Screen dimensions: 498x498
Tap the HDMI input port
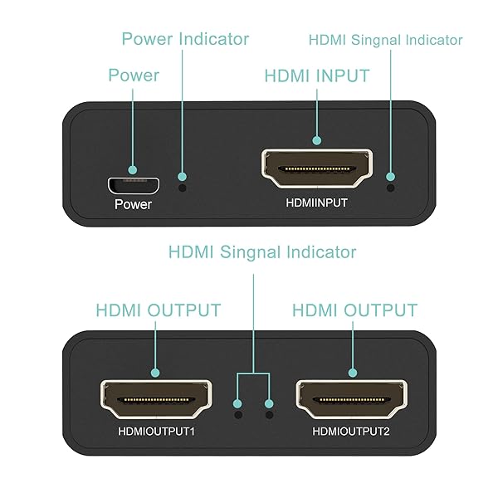(318, 169)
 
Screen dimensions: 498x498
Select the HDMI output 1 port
(155, 402)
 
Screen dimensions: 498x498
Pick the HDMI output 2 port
(353, 402)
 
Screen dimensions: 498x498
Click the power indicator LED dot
(183, 178)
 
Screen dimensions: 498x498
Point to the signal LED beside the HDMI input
(391, 176)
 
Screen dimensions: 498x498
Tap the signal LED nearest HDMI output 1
(238, 412)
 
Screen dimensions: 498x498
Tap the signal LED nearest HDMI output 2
(269, 412)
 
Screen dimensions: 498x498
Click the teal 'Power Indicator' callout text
(185, 39)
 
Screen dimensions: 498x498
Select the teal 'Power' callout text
(134, 76)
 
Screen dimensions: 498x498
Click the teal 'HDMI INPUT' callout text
(317, 76)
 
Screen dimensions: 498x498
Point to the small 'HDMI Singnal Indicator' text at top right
(385, 40)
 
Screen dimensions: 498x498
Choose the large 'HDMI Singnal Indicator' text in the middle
(262, 251)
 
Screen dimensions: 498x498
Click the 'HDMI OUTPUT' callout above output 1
(158, 310)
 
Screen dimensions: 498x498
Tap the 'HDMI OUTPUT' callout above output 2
(354, 310)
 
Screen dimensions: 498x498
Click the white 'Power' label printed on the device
(133, 203)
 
